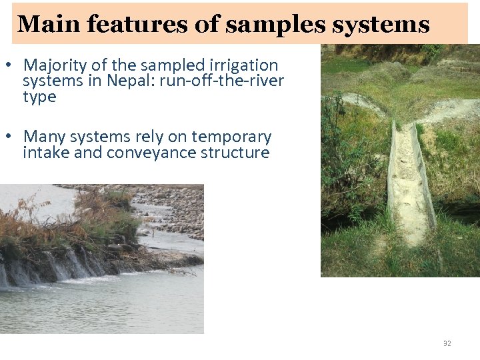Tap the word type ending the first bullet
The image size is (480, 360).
[x=39, y=97]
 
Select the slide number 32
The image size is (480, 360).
[x=447, y=343]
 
